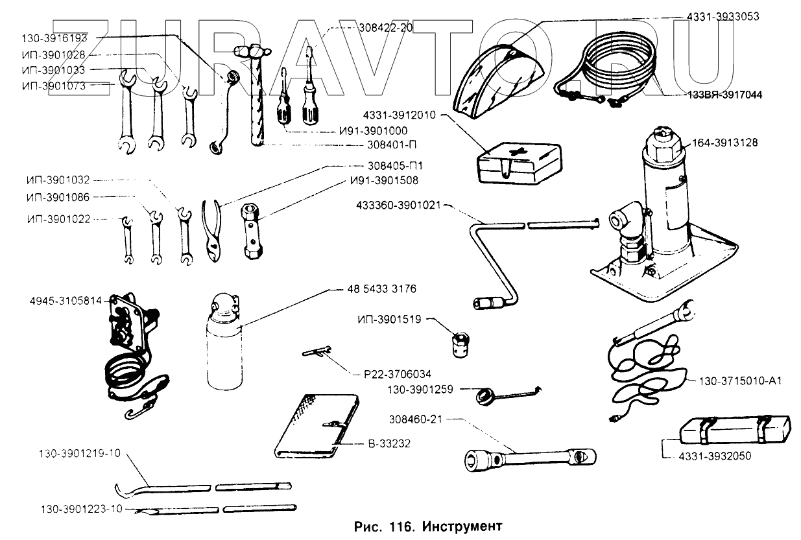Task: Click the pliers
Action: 214,230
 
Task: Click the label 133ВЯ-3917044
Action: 724,95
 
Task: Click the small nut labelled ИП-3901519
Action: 460,342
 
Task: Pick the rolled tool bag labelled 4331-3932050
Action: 735,427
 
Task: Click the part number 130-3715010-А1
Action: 739,381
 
